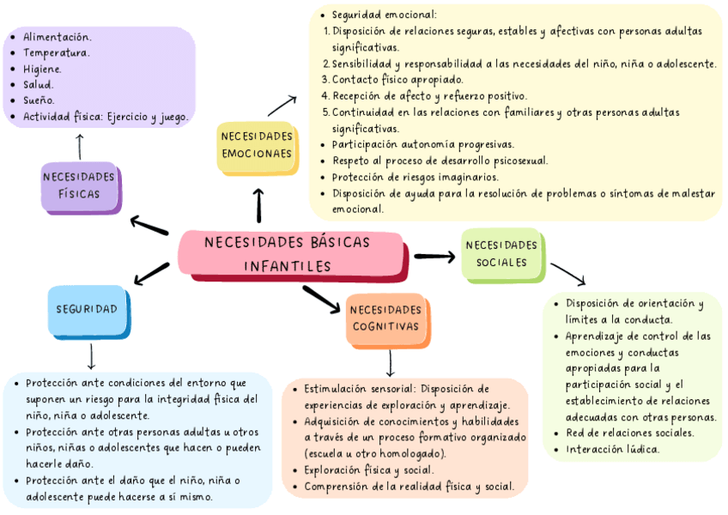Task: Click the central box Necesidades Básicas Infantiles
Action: [x=290, y=254]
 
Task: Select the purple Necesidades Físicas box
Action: [x=80, y=185]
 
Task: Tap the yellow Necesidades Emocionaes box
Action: [x=256, y=146]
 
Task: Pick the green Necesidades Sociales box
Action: [x=502, y=254]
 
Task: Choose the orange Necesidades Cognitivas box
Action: [x=386, y=318]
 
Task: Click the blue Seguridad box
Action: [x=88, y=309]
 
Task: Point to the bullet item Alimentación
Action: [x=57, y=37]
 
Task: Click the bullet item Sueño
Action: [x=39, y=100]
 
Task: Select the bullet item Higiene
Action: [x=43, y=69]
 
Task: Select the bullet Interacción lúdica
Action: [x=612, y=449]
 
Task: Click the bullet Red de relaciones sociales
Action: [x=629, y=433]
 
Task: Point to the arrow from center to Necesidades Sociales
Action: [x=434, y=256]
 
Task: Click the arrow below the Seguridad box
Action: [x=91, y=356]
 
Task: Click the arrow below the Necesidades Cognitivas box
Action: [x=391, y=361]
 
